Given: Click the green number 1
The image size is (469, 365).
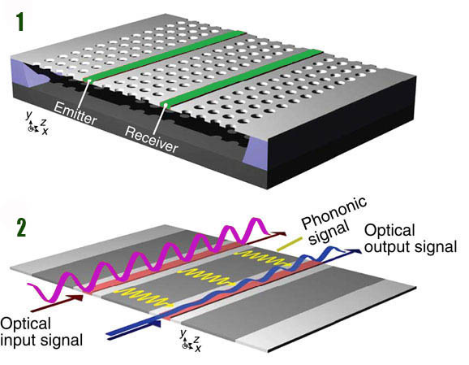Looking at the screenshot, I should tap(17, 19).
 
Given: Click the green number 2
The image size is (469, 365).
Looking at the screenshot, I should tap(18, 224).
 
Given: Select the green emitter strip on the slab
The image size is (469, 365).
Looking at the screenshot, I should tap(162, 57).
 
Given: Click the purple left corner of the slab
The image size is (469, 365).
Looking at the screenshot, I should tap(29, 82).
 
